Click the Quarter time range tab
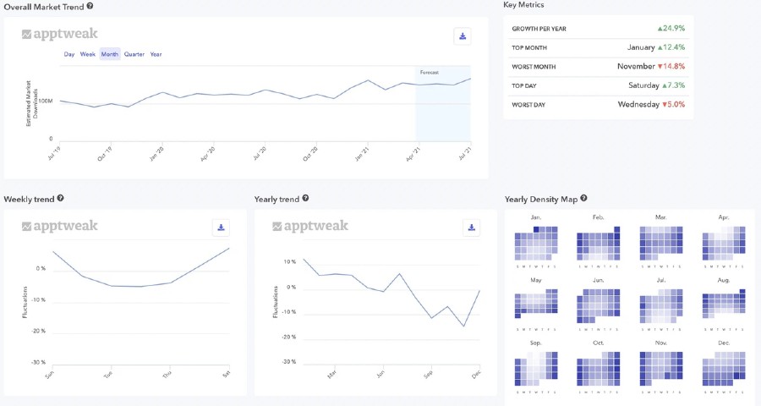[134, 54]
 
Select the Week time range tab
[88, 54]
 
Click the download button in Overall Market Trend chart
[462, 36]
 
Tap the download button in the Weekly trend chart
[220, 227]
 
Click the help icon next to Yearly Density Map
[584, 199]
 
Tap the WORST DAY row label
[529, 105]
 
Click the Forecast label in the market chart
[430, 73]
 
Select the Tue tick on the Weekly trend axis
[107, 375]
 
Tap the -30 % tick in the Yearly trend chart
[289, 362]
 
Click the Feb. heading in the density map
[599, 218]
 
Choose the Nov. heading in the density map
[661, 343]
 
